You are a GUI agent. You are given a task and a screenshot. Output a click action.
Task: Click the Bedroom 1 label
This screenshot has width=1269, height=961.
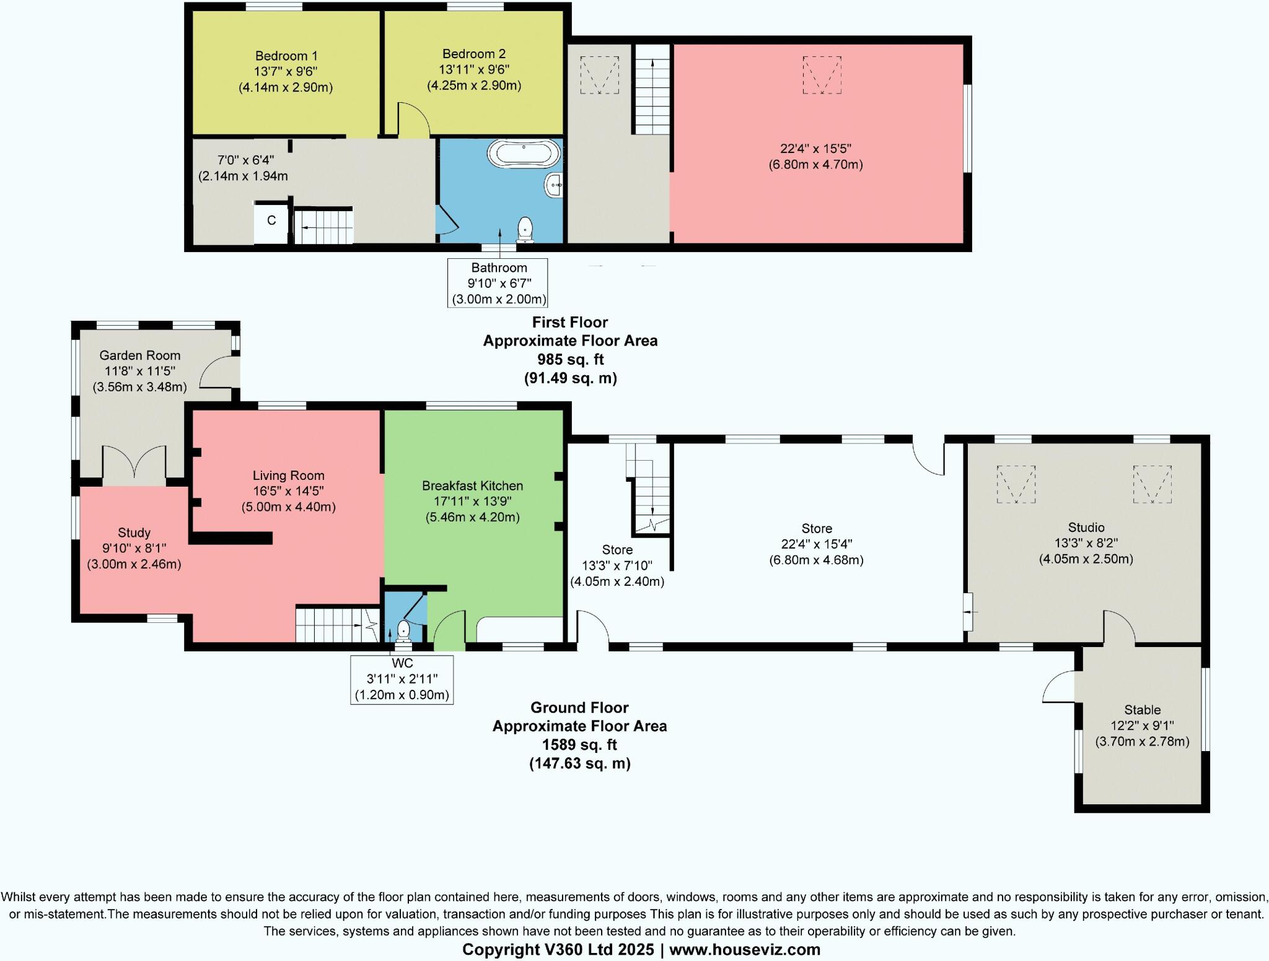(286, 56)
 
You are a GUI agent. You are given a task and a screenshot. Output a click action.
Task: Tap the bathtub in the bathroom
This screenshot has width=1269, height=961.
(524, 153)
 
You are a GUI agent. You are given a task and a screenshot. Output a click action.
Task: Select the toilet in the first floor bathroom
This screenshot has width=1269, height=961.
(525, 228)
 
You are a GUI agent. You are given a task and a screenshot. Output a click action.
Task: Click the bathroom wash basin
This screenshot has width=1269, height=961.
(555, 185)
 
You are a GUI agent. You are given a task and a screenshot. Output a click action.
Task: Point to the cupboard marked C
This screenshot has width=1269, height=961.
(271, 221)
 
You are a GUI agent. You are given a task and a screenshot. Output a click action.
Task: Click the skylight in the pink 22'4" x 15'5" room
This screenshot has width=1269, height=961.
(822, 75)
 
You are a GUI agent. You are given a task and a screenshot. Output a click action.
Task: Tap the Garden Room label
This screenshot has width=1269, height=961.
(140, 355)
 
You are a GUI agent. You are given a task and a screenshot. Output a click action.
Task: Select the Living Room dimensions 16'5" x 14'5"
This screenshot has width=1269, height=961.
(288, 491)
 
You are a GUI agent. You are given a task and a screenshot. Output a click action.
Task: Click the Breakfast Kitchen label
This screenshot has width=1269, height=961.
(472, 486)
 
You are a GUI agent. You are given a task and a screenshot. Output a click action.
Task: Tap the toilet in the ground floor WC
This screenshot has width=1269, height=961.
(404, 630)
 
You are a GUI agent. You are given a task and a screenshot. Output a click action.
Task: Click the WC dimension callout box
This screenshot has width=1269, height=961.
(402, 679)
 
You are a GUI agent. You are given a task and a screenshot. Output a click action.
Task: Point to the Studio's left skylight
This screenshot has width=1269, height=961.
(1016, 484)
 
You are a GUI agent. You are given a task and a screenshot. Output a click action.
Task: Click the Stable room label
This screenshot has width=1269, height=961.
(1142, 710)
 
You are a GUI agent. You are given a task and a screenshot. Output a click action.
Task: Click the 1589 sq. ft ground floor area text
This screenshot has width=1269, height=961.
(579, 745)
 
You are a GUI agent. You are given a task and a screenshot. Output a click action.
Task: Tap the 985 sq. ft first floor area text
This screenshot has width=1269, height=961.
(570, 359)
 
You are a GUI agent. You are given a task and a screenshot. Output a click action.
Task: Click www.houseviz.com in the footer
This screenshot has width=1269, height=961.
(744, 949)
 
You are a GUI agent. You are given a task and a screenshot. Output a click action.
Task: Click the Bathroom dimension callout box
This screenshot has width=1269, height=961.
(498, 283)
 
